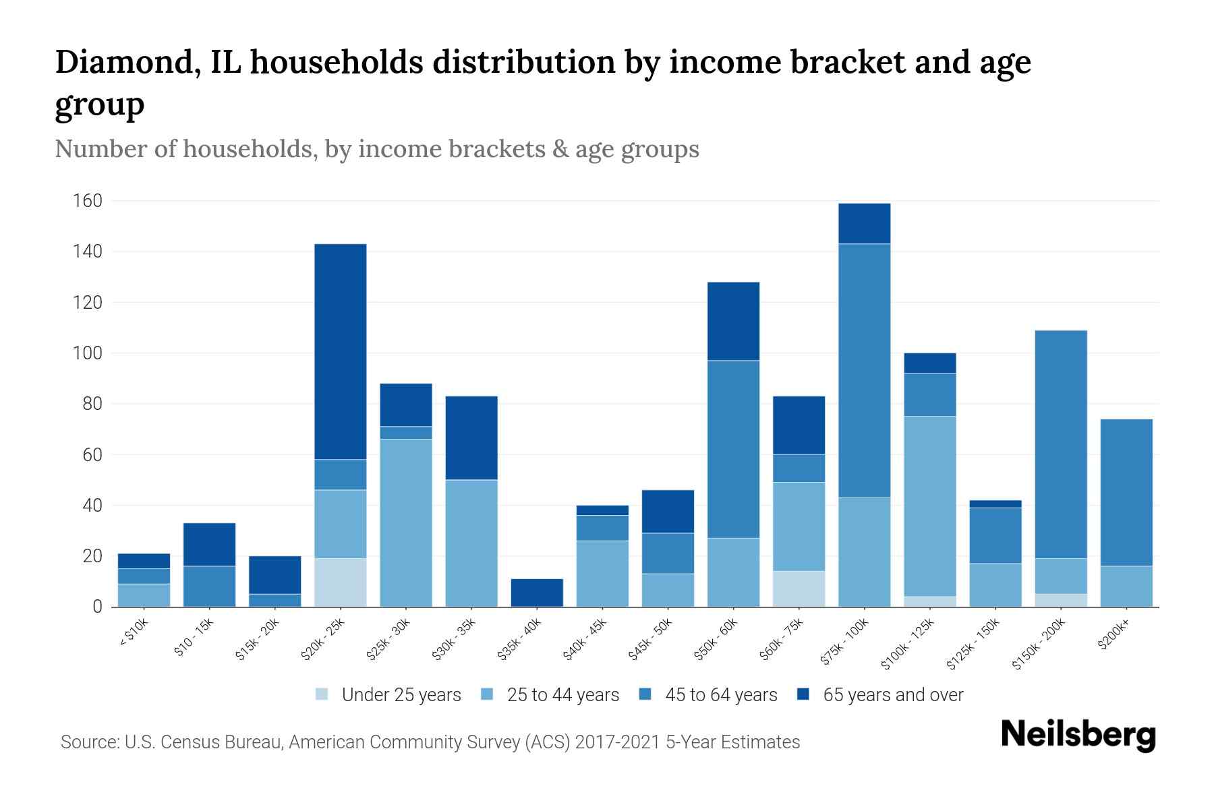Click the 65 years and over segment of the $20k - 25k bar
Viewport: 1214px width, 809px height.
[341, 351]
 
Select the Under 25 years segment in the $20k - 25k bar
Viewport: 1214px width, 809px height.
[341, 582]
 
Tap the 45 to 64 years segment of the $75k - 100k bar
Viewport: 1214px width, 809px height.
[864, 371]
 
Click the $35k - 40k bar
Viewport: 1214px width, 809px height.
[537, 593]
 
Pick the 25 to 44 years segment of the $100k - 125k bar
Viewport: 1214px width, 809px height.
[929, 506]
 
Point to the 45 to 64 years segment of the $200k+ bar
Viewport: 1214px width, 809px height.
[1126, 492]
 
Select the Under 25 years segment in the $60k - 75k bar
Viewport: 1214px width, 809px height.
[799, 589]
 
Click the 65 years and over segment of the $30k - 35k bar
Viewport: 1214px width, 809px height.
[471, 438]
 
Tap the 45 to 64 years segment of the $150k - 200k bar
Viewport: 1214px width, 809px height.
[1060, 444]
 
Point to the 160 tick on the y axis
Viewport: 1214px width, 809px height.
[88, 201]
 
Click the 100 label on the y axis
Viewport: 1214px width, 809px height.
[88, 353]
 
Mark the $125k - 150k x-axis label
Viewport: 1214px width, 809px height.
[974, 643]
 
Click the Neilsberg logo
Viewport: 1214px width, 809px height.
[1078, 735]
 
